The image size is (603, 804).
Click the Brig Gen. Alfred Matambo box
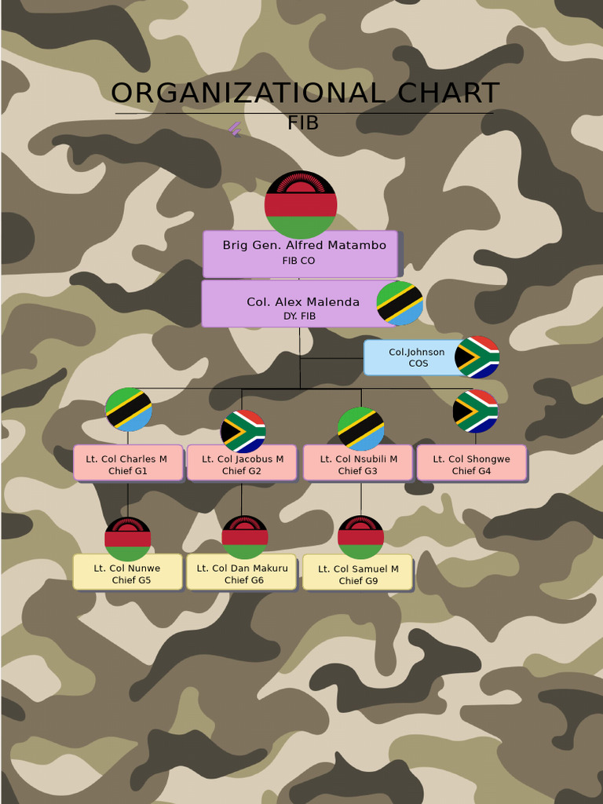click(300, 253)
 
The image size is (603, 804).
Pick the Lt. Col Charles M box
click(128, 463)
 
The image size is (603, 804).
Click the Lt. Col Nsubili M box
click(358, 463)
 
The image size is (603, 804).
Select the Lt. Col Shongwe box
click(471, 463)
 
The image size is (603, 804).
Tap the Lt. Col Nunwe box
click(127, 572)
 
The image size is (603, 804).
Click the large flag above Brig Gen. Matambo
click(301, 204)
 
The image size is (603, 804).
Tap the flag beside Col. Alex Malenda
click(400, 303)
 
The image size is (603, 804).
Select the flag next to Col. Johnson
click(477, 357)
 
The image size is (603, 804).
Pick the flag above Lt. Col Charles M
click(129, 409)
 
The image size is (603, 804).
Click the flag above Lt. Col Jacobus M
click(243, 431)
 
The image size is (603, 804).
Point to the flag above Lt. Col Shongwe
click(475, 411)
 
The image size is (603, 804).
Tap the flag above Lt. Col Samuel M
click(360, 537)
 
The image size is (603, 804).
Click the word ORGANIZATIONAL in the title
click(248, 93)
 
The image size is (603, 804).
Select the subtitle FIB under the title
click(303, 123)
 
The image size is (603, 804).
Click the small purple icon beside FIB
click(235, 129)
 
